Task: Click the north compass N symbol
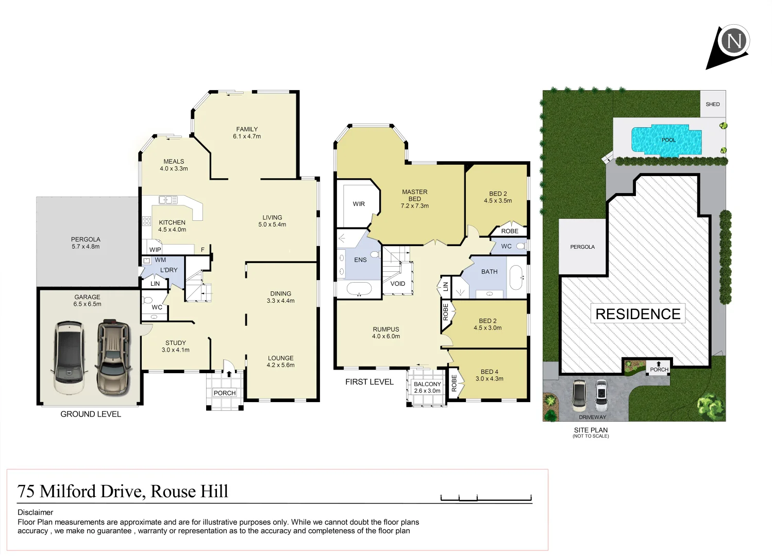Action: pyautogui.click(x=734, y=40)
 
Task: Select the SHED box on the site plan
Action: pyautogui.click(x=712, y=104)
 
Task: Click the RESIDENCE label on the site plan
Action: pyautogui.click(x=637, y=314)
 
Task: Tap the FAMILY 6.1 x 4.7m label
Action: pyautogui.click(x=247, y=133)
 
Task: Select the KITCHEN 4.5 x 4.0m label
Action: pyautogui.click(x=172, y=226)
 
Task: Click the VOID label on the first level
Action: pyautogui.click(x=397, y=284)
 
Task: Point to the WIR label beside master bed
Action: pyautogui.click(x=359, y=204)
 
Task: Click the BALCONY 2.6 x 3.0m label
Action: pyautogui.click(x=427, y=387)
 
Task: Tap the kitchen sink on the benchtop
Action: pyautogui.click(x=167, y=200)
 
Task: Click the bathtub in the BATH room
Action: pyautogui.click(x=516, y=278)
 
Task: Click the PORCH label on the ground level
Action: pyautogui.click(x=224, y=393)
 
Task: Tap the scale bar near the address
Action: pyautogui.click(x=486, y=498)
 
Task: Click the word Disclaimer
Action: pyautogui.click(x=36, y=512)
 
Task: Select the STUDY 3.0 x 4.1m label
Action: pyautogui.click(x=175, y=346)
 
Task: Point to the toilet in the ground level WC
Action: pyautogui.click(x=147, y=300)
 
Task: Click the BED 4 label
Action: pyautogui.click(x=489, y=375)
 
